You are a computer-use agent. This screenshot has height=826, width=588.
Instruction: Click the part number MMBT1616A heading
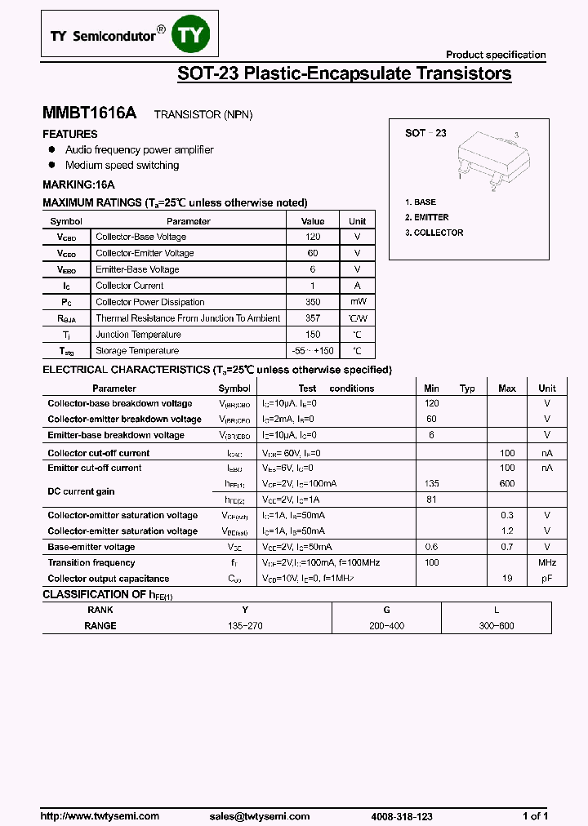pos(90,114)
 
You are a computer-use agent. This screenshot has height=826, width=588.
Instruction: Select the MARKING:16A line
pos(78,184)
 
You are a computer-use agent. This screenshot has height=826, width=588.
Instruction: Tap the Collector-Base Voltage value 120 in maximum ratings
pos(313,237)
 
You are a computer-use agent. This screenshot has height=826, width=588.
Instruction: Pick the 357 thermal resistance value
pos(313,318)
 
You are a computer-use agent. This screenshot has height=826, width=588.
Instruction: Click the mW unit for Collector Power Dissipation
pos(358,302)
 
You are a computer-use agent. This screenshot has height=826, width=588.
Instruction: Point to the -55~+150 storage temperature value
pos(313,351)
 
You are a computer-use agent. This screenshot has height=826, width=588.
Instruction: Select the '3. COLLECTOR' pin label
pos(434,233)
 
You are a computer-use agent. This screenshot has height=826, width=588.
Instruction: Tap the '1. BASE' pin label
pos(421,202)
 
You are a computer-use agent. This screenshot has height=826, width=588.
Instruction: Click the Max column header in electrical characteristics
pos(507,389)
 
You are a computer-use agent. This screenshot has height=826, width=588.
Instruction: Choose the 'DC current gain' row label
pos(81,491)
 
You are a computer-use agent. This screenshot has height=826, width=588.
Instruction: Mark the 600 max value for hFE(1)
pos(507,483)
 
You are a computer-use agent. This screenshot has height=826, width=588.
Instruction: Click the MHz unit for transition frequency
pos(547,562)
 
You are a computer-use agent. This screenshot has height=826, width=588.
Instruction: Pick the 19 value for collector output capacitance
pos(507,579)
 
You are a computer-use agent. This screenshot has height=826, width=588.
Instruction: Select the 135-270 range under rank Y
pos(245,626)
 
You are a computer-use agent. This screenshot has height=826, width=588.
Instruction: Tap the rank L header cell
pos(497,610)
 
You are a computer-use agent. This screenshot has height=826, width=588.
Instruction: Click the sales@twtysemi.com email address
pos(259,816)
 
